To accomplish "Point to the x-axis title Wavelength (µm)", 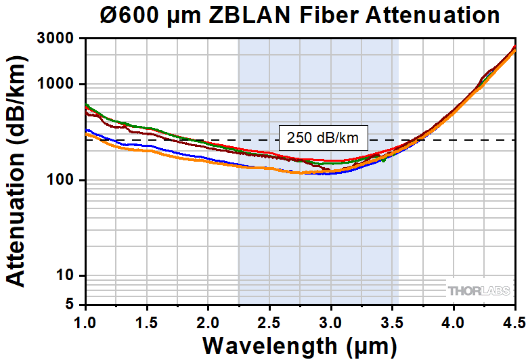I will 300,345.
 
